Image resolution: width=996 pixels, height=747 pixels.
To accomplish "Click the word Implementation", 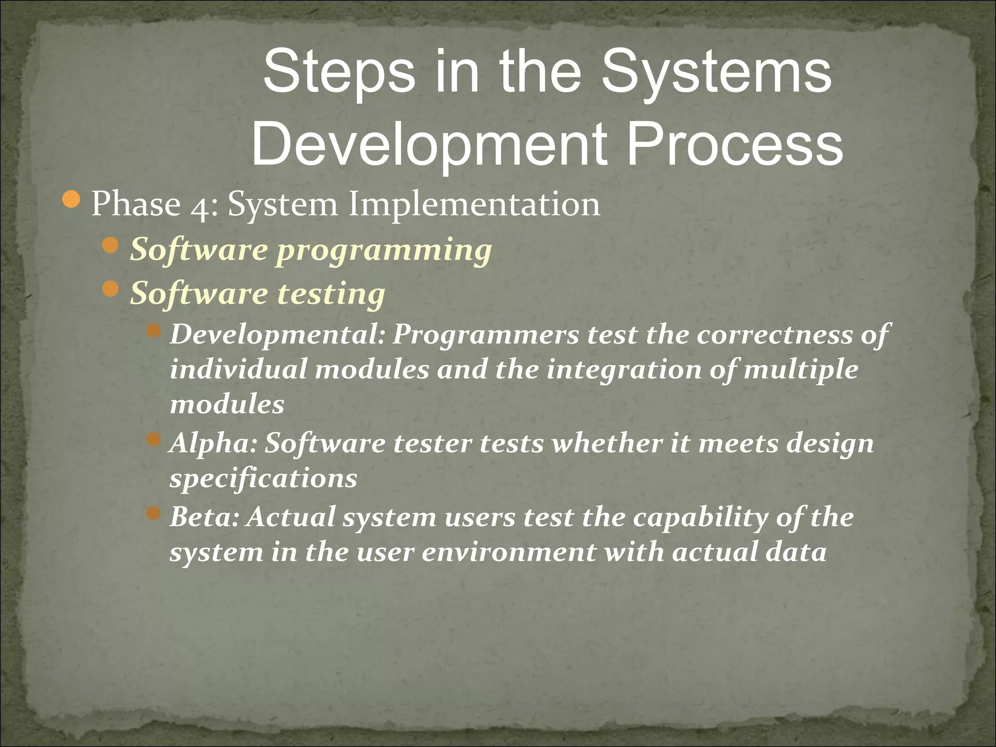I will (x=474, y=204).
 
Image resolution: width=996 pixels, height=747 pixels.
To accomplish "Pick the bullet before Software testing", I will (x=111, y=290).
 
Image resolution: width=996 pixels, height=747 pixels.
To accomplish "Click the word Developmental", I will (x=277, y=336).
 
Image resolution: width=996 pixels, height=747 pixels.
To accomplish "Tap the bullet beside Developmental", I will (x=154, y=331).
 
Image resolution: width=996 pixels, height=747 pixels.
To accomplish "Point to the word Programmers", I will (x=486, y=336).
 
